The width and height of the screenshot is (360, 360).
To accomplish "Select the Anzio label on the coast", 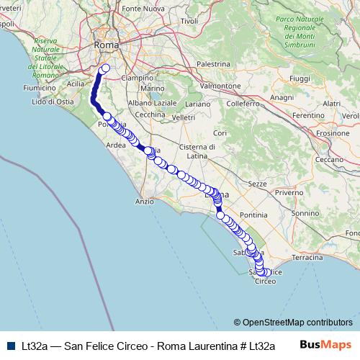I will [144, 202].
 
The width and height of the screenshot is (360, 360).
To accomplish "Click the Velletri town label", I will [184, 117].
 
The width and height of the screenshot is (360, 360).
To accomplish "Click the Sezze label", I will [257, 184].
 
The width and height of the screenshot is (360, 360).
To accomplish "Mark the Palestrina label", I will [212, 64].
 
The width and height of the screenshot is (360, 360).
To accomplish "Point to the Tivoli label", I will [189, 21].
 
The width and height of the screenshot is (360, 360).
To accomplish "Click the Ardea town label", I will [115, 144].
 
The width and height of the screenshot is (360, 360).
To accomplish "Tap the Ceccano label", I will [333, 159].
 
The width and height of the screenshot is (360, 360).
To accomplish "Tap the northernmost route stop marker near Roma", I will [105, 69].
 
